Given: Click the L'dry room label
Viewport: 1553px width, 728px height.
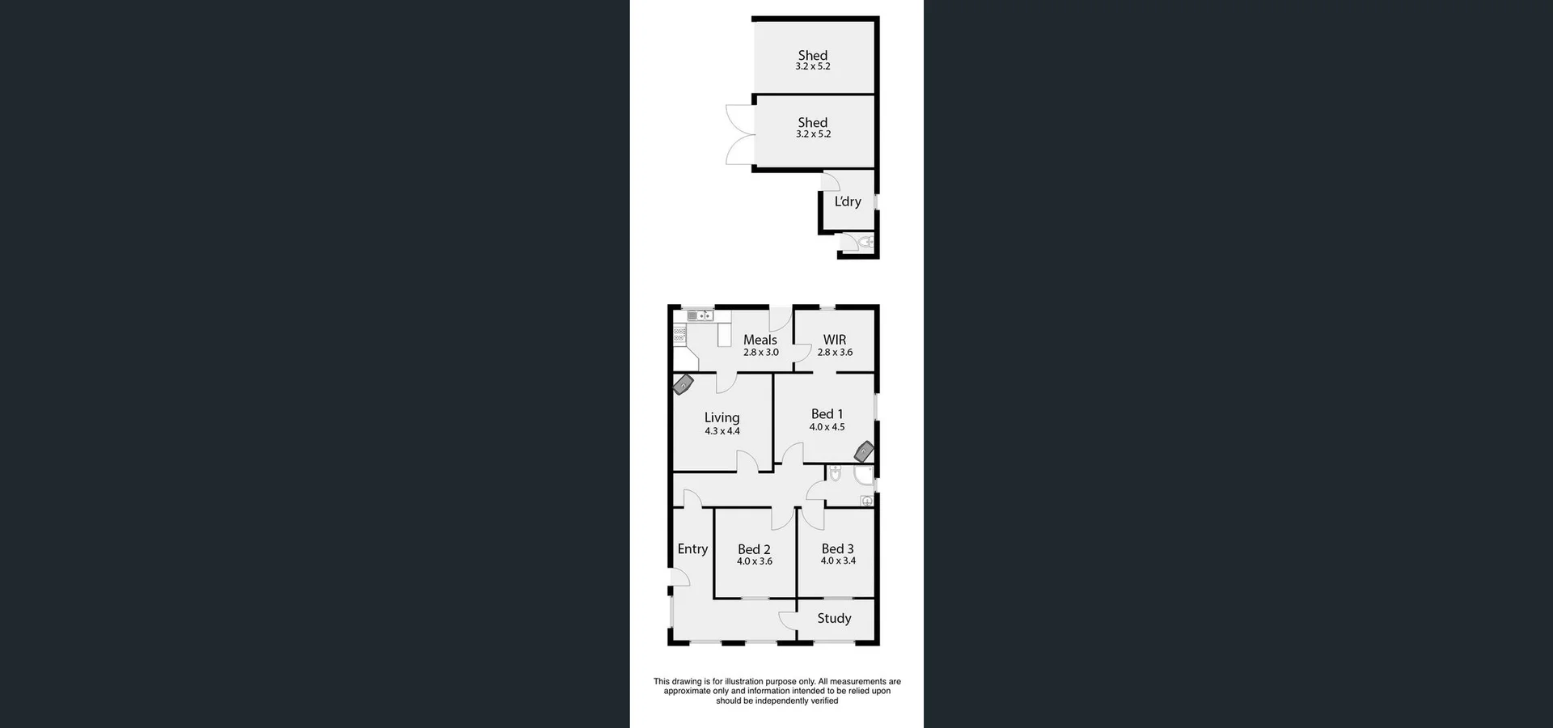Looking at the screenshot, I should click(848, 201).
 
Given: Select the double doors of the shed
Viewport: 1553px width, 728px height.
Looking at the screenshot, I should click(739, 135).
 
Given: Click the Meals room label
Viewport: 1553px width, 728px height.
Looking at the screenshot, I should click(760, 340).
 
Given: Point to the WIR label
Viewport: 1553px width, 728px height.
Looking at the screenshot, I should click(835, 340).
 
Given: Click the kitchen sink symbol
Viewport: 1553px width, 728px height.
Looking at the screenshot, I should click(700, 315).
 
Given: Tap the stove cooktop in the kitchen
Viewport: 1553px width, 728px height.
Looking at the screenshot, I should click(679, 334).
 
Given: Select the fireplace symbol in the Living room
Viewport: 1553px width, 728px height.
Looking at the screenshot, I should click(683, 384).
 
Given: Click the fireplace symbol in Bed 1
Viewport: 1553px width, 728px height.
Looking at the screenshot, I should click(865, 451).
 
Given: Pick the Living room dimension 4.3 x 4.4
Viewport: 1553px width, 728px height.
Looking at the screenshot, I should click(722, 431).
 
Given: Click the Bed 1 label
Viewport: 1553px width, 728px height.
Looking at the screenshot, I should click(827, 414).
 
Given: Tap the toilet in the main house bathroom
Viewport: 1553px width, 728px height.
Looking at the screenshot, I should click(836, 473).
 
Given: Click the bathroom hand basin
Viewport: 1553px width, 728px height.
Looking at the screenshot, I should click(866, 501).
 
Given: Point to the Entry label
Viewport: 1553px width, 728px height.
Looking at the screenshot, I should click(692, 548).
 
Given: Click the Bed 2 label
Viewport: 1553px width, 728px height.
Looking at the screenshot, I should click(754, 549).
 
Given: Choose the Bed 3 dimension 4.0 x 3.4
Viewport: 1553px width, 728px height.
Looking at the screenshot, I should click(838, 561).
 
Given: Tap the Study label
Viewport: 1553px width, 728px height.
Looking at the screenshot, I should click(834, 618).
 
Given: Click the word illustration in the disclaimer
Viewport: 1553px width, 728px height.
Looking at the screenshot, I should click(744, 682).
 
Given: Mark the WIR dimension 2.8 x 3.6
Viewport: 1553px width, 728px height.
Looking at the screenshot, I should click(835, 353).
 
